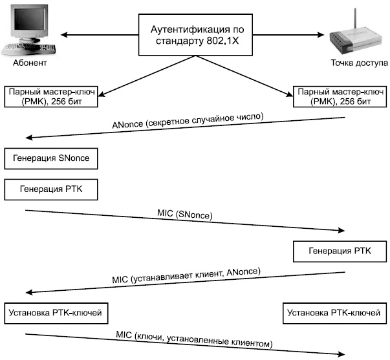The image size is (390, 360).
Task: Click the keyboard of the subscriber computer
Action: (28, 48)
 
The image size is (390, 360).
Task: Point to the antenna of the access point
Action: (355, 21)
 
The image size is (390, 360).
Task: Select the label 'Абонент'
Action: (30, 63)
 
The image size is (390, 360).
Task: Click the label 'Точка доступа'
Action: (359, 63)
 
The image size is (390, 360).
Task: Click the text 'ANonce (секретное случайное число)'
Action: (188, 121)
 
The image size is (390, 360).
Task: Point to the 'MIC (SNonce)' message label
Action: (185, 215)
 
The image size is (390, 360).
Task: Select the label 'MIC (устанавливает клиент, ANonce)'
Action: (186, 275)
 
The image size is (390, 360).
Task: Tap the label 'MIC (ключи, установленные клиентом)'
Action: (194, 339)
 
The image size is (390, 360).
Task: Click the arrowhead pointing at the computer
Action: (64, 34)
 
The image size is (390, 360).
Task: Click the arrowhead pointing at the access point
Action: (321, 34)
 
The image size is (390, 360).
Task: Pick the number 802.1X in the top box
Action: (222, 41)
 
